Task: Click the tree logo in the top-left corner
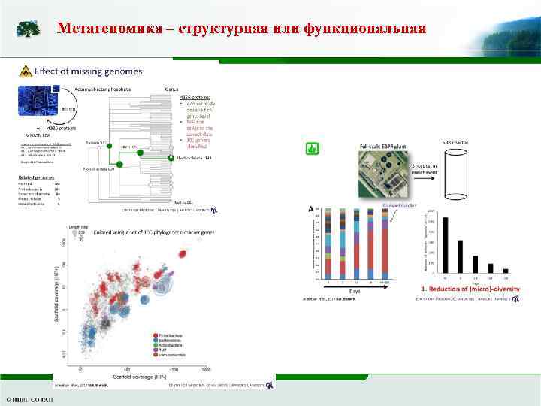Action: [29, 29]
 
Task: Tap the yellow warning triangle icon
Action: [26, 72]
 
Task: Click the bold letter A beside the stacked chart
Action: [310, 208]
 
